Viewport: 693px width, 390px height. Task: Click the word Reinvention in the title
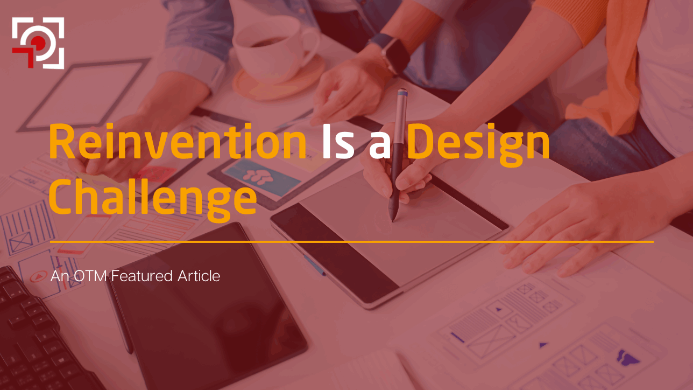pyautogui.click(x=178, y=141)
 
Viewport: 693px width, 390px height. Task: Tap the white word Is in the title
pyautogui.click(x=338, y=142)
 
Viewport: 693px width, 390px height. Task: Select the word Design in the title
pyautogui.click(x=478, y=145)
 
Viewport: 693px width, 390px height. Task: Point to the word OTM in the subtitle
pyautogui.click(x=90, y=276)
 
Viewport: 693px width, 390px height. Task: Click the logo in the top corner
pyautogui.click(x=38, y=43)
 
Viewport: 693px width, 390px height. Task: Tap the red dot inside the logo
pyautogui.click(x=38, y=41)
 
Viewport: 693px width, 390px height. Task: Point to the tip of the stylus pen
pyautogui.click(x=393, y=221)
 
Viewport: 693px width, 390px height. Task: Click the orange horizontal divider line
pyautogui.click(x=352, y=242)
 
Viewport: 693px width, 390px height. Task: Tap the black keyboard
pyautogui.click(x=37, y=335)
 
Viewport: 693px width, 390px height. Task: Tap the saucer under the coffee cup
pyautogui.click(x=279, y=81)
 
